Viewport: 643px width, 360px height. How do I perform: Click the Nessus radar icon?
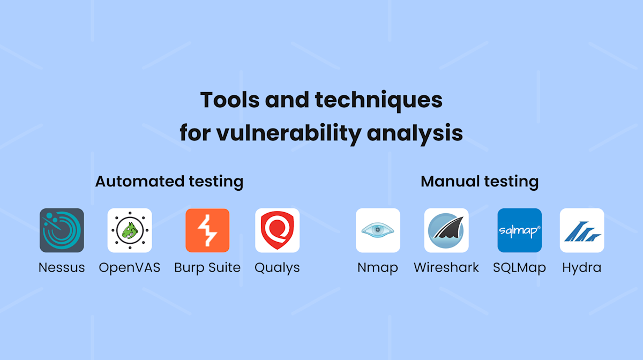[62, 230]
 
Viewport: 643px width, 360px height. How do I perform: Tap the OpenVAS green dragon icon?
[130, 230]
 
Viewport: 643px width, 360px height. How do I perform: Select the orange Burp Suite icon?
[207, 230]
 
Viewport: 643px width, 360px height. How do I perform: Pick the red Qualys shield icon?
[277, 230]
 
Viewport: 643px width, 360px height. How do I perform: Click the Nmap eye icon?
[378, 230]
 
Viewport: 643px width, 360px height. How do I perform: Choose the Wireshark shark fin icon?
[446, 230]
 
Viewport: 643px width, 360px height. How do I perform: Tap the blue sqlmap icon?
[519, 230]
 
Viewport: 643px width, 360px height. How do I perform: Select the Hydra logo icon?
[582, 230]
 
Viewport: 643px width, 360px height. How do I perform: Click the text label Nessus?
[62, 267]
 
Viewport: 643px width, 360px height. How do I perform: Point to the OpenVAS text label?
[130, 267]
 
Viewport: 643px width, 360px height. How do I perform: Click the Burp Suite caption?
[207, 267]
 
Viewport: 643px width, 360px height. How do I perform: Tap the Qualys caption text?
[277, 268]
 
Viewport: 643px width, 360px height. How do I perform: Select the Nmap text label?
[378, 268]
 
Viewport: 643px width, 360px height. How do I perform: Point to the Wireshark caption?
[446, 267]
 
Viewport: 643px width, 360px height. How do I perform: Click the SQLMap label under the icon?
[519, 268]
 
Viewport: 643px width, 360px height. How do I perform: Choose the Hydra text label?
[582, 268]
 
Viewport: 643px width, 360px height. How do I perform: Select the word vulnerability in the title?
[289, 133]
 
